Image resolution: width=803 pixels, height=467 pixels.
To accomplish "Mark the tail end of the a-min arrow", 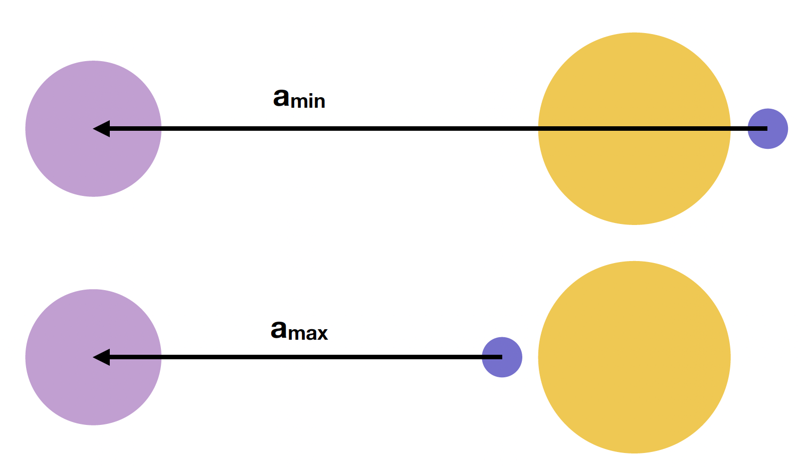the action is point(767,129).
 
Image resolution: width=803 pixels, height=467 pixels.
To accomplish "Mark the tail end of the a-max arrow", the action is point(502,357).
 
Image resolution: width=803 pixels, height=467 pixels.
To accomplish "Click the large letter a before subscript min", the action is point(281,98).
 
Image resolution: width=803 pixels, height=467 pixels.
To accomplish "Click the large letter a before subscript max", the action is point(279,329).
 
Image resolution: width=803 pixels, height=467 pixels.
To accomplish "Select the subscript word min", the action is point(308,100).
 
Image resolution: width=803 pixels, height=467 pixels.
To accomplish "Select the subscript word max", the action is point(308,333).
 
